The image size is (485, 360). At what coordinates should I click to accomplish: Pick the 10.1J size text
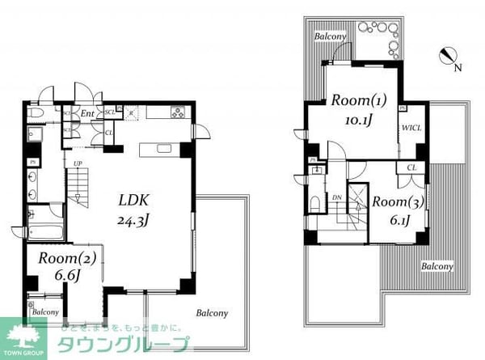tap(357, 121)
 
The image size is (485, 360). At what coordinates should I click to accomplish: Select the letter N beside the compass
tap(458, 67)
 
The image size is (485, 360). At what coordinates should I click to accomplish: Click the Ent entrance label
tap(88, 113)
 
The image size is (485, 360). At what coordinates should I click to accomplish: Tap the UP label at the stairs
tap(78, 164)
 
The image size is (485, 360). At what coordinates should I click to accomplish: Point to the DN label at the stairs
tap(336, 197)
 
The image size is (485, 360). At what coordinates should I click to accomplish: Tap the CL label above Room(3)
tap(411, 167)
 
